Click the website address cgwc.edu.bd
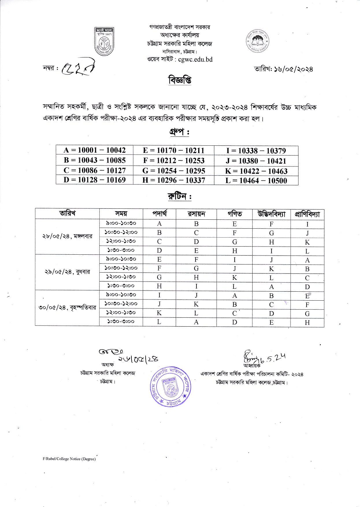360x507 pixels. pyautogui.click(x=195, y=59)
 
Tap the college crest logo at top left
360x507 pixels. pyautogui.click(x=104, y=41)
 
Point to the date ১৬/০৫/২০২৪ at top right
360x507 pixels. pyautogui.click(x=292, y=69)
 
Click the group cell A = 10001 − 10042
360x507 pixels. pyautogui.click(x=94, y=150)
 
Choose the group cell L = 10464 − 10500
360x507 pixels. pyautogui.click(x=256, y=181)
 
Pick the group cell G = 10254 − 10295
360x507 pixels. pyautogui.click(x=174, y=171)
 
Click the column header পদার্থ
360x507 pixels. pyautogui.click(x=159, y=214)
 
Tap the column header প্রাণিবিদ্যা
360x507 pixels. pyautogui.click(x=307, y=214)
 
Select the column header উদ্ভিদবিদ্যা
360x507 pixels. pyautogui.click(x=271, y=214)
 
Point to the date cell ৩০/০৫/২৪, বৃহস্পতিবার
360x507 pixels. pyautogui.click(x=67, y=308)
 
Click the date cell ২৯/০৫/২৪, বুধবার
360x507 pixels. pyautogui.click(x=67, y=272)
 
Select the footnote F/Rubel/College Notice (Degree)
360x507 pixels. pyautogui.click(x=69, y=459)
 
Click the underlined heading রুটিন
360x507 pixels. pyautogui.click(x=179, y=197)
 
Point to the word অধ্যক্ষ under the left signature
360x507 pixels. pyautogui.click(x=107, y=364)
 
